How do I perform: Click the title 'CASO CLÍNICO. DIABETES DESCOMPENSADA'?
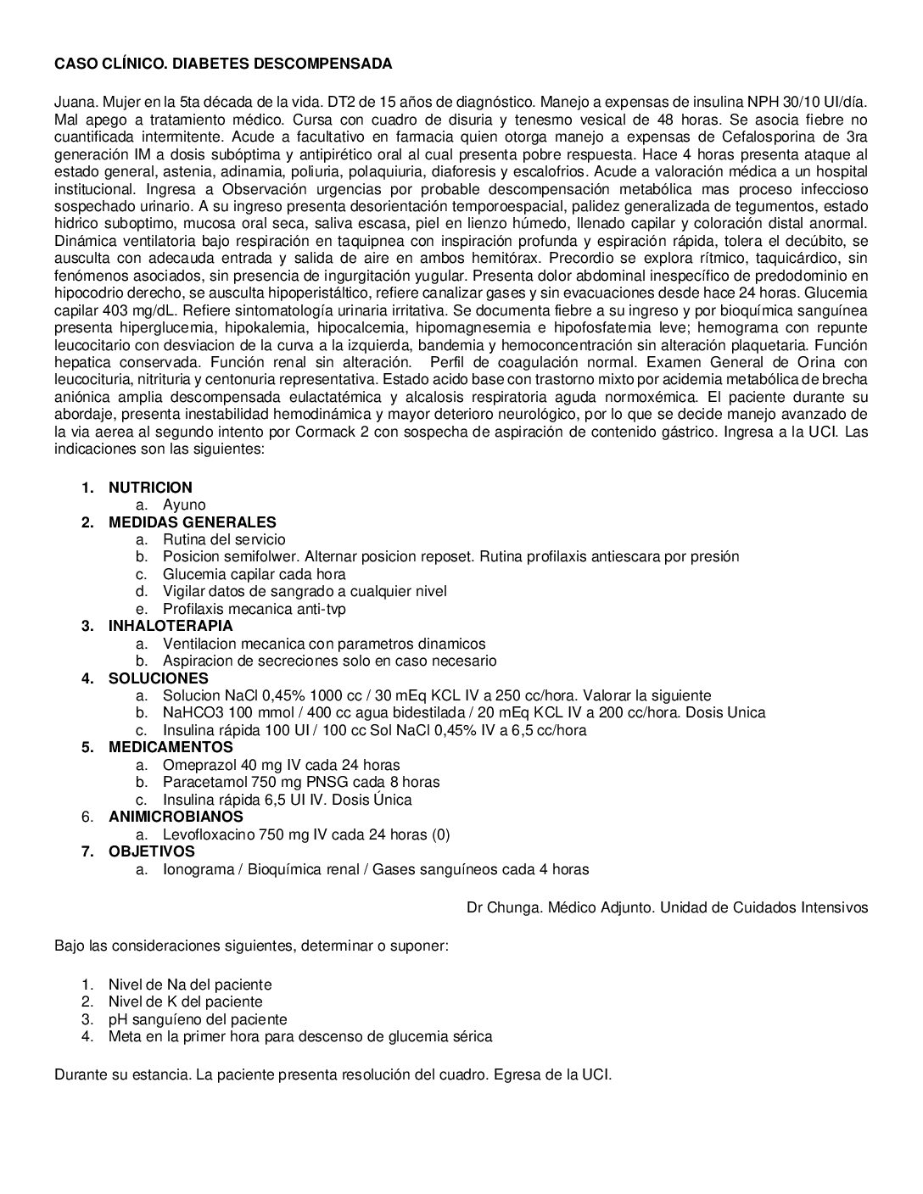(x=223, y=64)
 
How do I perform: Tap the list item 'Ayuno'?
(x=184, y=505)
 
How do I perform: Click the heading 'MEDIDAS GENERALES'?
(x=192, y=522)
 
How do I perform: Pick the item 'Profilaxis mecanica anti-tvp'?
(x=255, y=609)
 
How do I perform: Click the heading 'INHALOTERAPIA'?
(x=171, y=626)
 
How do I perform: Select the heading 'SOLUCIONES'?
(x=158, y=678)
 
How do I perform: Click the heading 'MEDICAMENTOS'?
(x=171, y=747)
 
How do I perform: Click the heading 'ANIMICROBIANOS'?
(x=176, y=817)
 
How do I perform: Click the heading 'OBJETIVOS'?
(x=151, y=851)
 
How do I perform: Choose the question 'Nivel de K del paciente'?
(x=185, y=1002)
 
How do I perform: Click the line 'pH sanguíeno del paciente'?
(x=198, y=1019)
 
